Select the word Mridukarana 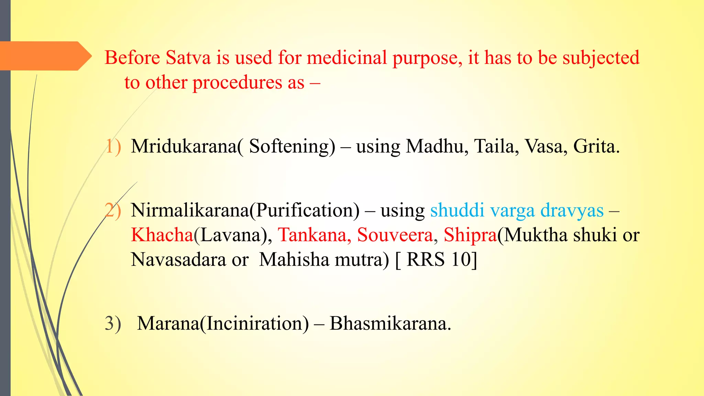pyautogui.click(x=184, y=146)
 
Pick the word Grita pyautogui.click(x=596, y=146)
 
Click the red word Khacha pyautogui.click(x=162, y=235)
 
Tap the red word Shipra pyautogui.click(x=470, y=235)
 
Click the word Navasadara pyautogui.click(x=178, y=260)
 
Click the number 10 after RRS pyautogui.click(x=461, y=260)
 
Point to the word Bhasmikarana pyautogui.click(x=390, y=323)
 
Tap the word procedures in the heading pyautogui.click(x=248, y=83)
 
